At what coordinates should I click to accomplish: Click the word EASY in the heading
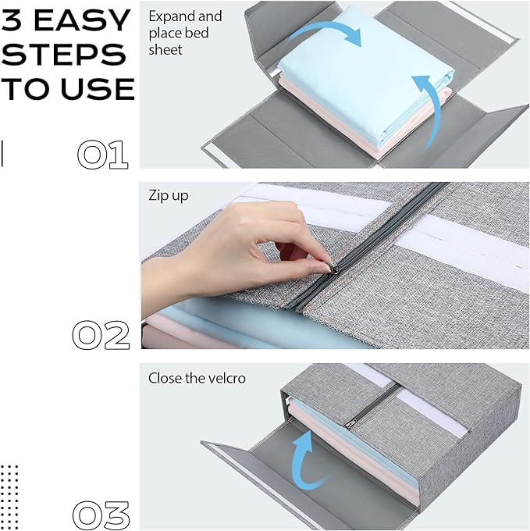click(x=82, y=20)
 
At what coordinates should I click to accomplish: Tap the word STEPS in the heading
click(x=64, y=55)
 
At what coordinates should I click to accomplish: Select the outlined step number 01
click(x=102, y=155)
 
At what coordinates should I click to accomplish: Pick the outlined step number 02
click(x=101, y=335)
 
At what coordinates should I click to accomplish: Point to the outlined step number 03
click(x=101, y=515)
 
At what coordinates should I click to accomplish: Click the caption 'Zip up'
click(x=168, y=196)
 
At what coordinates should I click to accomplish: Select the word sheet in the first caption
click(x=165, y=50)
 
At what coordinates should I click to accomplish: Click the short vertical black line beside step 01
click(x=2, y=154)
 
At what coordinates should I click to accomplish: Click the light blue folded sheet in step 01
click(x=365, y=68)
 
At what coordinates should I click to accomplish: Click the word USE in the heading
click(x=98, y=89)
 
